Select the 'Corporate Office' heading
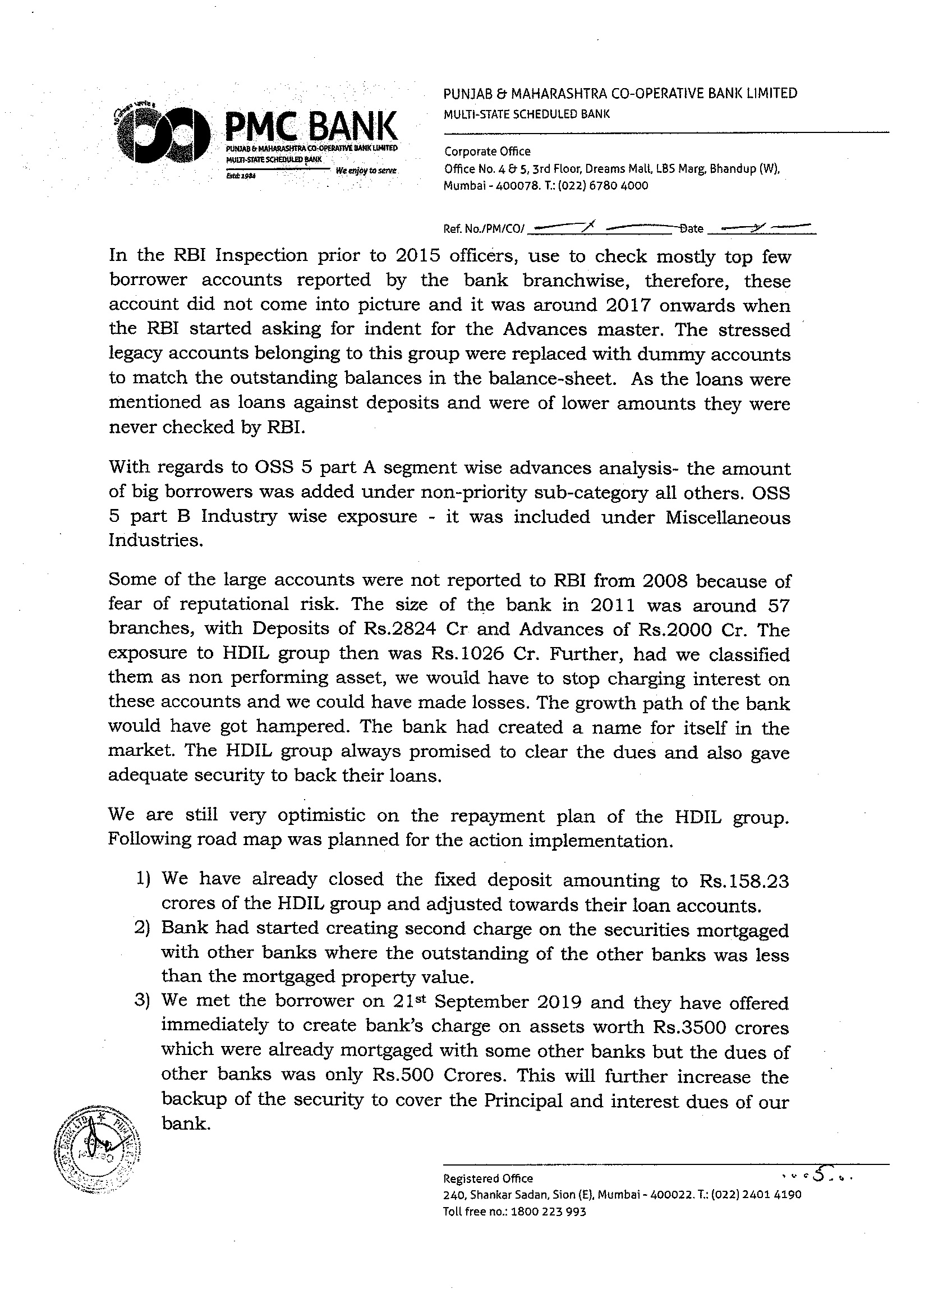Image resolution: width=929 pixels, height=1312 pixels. pyautogui.click(x=488, y=152)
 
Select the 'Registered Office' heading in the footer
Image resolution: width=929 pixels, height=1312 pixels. pyautogui.click(x=488, y=1178)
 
